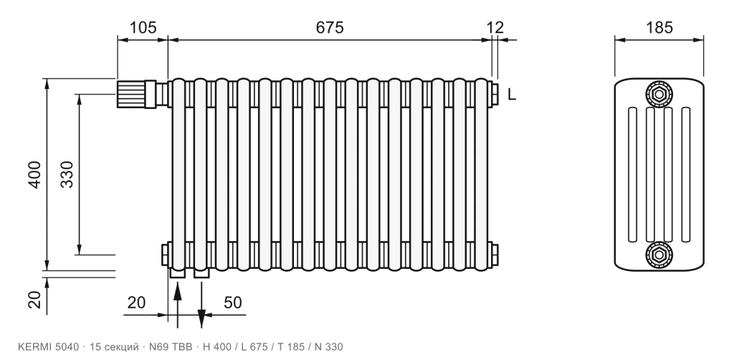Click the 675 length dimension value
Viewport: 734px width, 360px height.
[x=330, y=28]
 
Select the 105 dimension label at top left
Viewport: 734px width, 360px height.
[x=143, y=28]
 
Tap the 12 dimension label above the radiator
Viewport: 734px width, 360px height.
[x=495, y=28]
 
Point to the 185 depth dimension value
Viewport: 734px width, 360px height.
[x=659, y=28]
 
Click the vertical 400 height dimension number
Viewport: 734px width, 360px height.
[x=35, y=174]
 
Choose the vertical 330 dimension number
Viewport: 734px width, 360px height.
[x=67, y=174]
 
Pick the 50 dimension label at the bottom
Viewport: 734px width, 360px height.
[x=233, y=303]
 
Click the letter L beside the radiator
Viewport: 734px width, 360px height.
[x=512, y=95]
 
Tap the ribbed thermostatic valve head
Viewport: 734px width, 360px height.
[x=130, y=94]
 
